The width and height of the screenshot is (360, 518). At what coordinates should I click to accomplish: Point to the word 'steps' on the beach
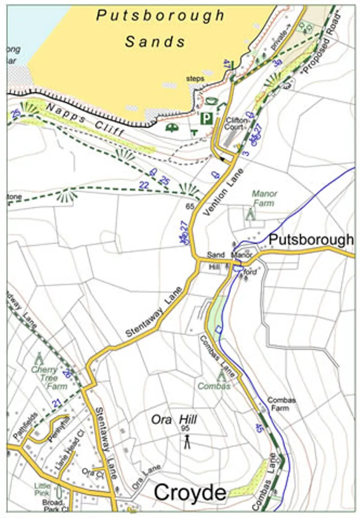coord(196,79)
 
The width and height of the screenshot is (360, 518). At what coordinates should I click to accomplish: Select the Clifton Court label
coord(235,123)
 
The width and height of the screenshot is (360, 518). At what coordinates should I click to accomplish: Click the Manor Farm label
coord(264,198)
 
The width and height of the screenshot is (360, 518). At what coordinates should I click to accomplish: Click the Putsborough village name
coord(311,240)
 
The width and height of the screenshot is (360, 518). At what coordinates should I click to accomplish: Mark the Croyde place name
coord(190,493)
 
